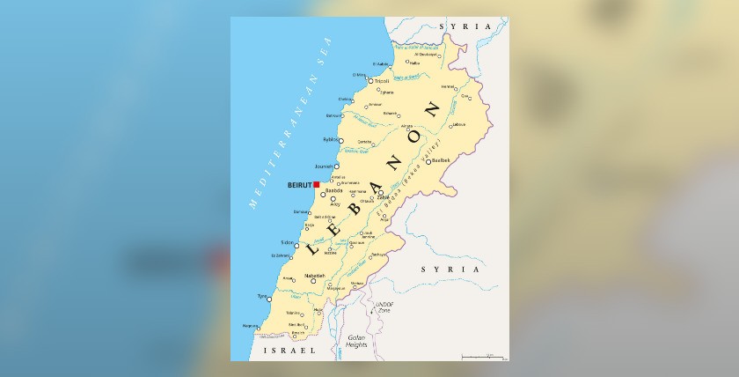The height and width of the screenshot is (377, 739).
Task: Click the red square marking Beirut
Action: pyautogui.click(x=316, y=185)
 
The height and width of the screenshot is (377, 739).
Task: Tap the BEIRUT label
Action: pyautogui.click(x=298, y=186)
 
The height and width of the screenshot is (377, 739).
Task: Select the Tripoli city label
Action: pyautogui.click(x=382, y=81)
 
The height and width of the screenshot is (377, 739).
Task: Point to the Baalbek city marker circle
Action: pyautogui.click(x=428, y=161)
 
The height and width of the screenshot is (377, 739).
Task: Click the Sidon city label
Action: pyautogui.click(x=287, y=241)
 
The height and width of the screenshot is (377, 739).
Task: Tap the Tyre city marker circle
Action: pyautogui.click(x=268, y=299)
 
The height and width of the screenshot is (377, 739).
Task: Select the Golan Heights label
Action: pyautogui.click(x=356, y=341)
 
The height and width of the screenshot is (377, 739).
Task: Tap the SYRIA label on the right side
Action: pyautogui.click(x=450, y=269)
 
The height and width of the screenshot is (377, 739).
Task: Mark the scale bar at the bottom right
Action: pyautogui.click(x=483, y=357)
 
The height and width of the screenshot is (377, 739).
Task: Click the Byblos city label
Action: pyautogui.click(x=330, y=138)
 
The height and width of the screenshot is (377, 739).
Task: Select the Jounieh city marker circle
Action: pyautogui.click(x=336, y=166)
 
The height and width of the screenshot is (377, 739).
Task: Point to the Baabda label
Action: pyautogui.click(x=333, y=190)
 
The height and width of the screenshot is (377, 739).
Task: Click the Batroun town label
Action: pyautogui.click(x=333, y=115)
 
